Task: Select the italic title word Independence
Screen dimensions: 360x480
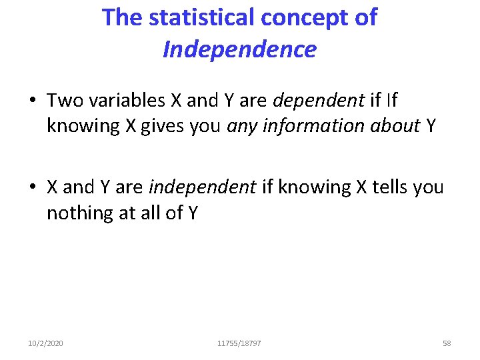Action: point(239,49)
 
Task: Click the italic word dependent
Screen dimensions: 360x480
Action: point(319,101)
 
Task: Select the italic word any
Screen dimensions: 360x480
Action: point(242,125)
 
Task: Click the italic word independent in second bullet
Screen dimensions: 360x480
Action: point(201,187)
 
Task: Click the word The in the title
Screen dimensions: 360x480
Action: point(122,18)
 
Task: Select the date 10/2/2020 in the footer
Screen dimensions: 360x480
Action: point(46,343)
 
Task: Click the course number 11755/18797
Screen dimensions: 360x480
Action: point(239,343)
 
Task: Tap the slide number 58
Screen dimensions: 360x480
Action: point(447,343)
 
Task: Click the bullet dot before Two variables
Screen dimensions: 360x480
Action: point(32,101)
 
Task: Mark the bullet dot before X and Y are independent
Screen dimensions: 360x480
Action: point(32,188)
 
